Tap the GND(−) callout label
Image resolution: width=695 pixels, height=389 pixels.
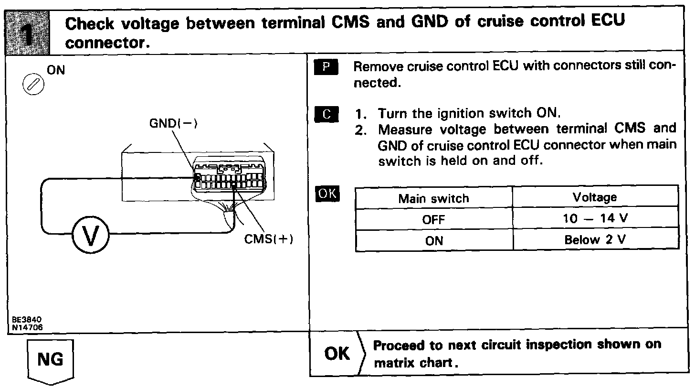pyautogui.click(x=174, y=123)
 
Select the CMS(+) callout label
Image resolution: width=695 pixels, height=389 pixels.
pyautogui.click(x=268, y=239)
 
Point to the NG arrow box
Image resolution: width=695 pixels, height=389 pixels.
pyautogui.click(x=50, y=360)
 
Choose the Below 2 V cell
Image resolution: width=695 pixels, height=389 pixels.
pyautogui.click(x=595, y=240)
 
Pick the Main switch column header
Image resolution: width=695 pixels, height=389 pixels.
pyautogui.click(x=433, y=198)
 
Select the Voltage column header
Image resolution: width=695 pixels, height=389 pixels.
pyautogui.click(x=595, y=197)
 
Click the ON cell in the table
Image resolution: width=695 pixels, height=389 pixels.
pyautogui.click(x=433, y=240)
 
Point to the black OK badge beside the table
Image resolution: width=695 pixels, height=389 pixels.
pyautogui.click(x=326, y=194)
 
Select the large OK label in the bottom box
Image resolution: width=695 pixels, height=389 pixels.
pyautogui.click(x=337, y=354)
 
